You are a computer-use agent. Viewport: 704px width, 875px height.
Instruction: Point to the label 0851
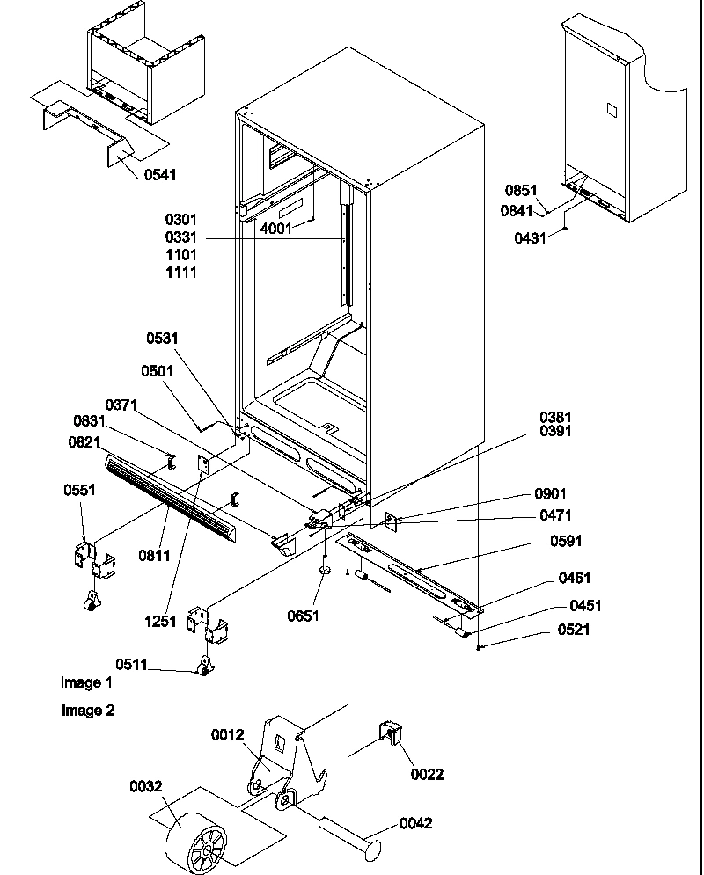click(521, 190)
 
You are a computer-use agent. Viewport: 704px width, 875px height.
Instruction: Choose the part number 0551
click(78, 491)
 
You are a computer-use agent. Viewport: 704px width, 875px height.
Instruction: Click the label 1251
click(162, 622)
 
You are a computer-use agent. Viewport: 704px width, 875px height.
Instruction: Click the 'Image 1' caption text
click(86, 682)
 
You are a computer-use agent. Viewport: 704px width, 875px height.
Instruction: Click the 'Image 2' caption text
click(87, 711)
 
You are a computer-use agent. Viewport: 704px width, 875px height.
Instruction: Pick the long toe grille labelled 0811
click(167, 498)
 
